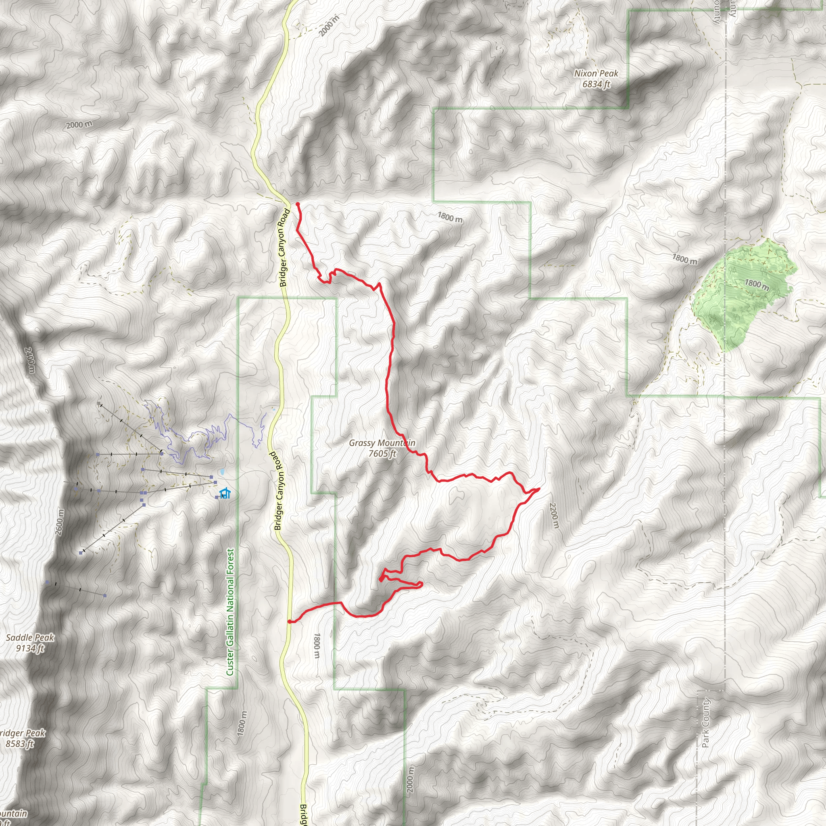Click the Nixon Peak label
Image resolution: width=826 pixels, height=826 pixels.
pos(596,73)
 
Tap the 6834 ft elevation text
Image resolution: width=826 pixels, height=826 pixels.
pos(596,84)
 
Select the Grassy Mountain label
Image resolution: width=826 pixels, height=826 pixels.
pos(382,443)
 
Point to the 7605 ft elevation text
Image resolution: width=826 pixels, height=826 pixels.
pos(382,454)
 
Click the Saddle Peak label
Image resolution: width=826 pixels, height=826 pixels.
pos(30,638)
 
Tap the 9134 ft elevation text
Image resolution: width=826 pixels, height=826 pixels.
pos(30,648)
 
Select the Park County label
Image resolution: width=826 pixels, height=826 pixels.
pos(705,722)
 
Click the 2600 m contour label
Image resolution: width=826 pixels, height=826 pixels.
pos(59,522)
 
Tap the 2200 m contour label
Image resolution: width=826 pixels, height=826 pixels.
pos(554,515)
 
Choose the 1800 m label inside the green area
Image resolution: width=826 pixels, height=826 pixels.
pos(757,285)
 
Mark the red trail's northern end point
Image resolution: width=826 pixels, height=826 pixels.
pos(297,204)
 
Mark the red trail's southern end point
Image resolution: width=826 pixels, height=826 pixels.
pos(290,622)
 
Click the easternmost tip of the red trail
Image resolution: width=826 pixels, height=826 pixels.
pos(539,488)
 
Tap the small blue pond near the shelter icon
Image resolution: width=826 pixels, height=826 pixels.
pos(221,472)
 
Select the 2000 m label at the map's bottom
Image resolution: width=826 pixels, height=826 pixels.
pos(411,779)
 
